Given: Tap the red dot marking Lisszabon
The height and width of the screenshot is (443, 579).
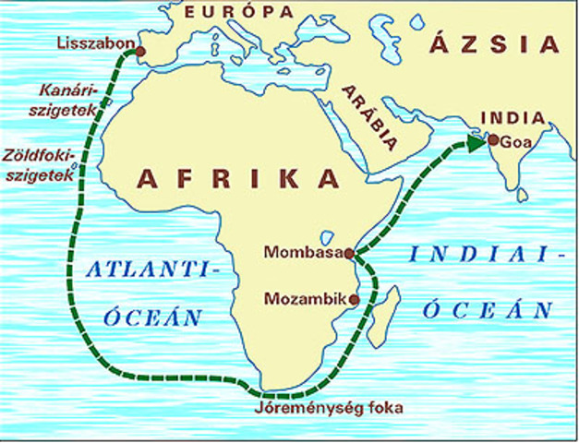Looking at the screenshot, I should tap(140, 52).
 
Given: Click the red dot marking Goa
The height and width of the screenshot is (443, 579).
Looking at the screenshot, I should tap(493, 140).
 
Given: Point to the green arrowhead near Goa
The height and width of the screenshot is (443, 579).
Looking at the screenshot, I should tap(476, 142).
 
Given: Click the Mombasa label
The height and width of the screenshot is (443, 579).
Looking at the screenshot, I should tap(302, 251).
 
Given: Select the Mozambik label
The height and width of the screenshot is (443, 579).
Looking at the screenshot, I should tap(301, 299).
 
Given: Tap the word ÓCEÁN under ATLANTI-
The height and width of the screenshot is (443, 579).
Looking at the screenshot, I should tap(151, 317).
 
